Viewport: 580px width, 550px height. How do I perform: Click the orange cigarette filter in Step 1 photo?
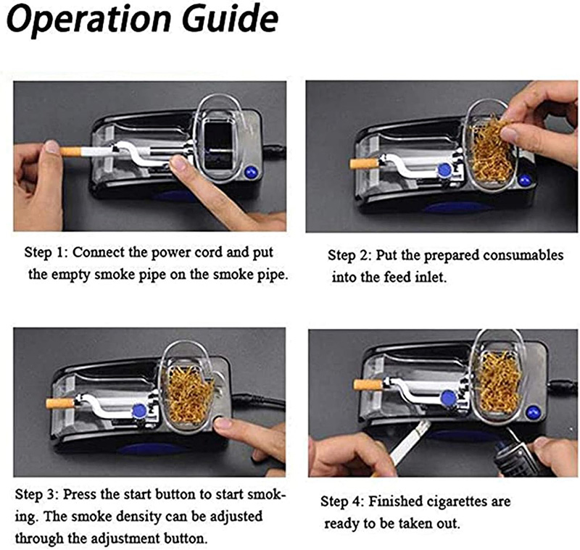pyautogui.click(x=70, y=152)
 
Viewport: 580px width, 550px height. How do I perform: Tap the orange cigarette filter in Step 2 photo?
pyautogui.click(x=365, y=163)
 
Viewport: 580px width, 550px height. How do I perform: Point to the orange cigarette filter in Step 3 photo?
pyautogui.click(x=59, y=402)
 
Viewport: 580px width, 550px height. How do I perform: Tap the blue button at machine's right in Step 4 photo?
pyautogui.click(x=534, y=412)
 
